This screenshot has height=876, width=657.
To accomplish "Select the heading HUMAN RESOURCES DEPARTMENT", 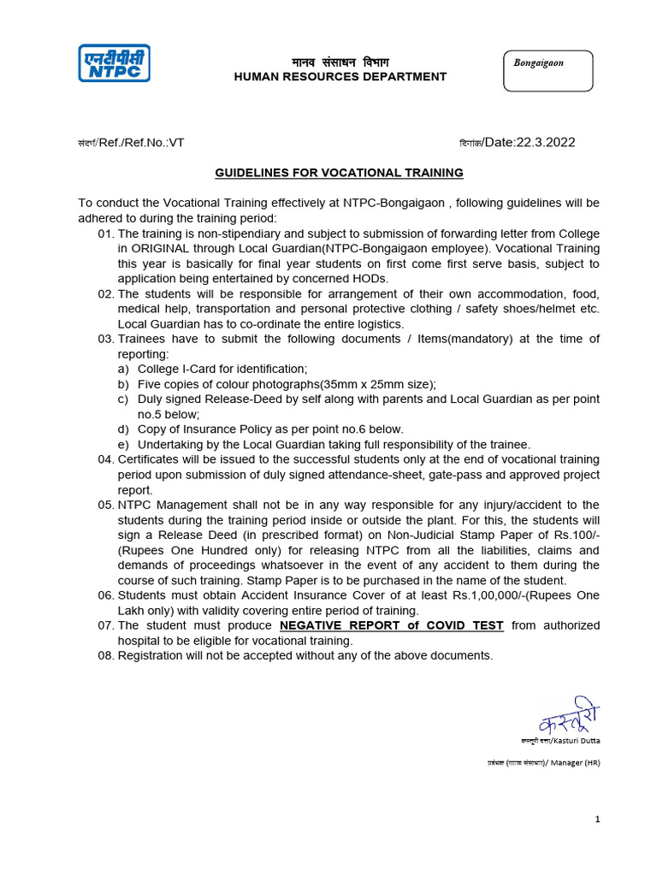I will pos(340,77).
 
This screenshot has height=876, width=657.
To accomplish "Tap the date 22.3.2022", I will pos(545,142).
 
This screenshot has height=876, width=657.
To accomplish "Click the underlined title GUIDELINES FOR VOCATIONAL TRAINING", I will pos(339,173).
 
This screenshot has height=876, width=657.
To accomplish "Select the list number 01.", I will pos(105,234).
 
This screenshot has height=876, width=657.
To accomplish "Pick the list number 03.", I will pos(105,339).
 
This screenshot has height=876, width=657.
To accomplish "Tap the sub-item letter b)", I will pos(123,384).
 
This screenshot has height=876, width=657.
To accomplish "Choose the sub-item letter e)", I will pos(123,444).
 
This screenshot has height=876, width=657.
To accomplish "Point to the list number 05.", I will pos(105,505).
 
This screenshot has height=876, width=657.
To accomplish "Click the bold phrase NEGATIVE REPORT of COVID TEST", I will pos(392,625).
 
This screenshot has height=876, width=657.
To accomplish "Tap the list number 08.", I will pos(105,655).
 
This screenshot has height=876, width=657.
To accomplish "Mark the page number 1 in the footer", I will pos(598,820).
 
